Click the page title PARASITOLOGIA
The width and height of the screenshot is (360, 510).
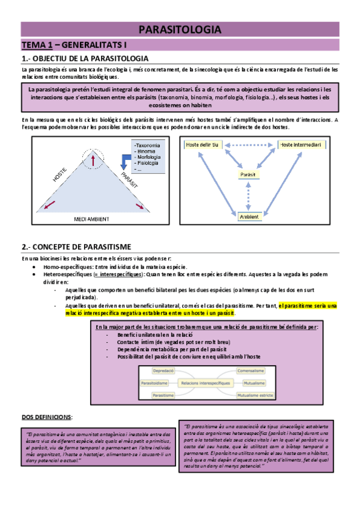coord(180,29)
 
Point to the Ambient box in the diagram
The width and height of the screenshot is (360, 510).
coord(248,216)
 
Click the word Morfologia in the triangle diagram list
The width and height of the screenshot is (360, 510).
coord(148,157)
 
